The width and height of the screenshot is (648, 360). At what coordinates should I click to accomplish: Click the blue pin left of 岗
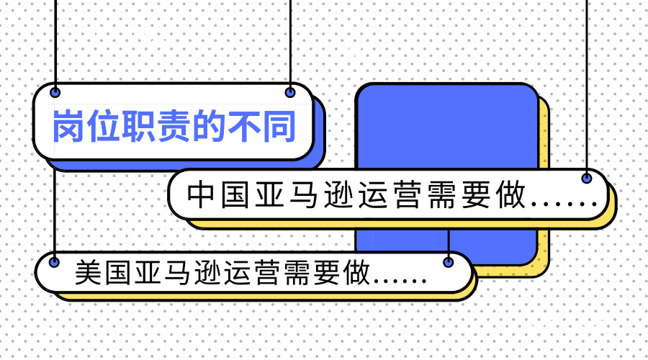tap(55, 92)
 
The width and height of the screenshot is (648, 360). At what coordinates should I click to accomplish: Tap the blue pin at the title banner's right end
tap(290, 92)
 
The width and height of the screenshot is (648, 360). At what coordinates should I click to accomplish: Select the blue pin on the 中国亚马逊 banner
tap(587, 178)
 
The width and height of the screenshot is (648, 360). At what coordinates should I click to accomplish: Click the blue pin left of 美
tap(55, 262)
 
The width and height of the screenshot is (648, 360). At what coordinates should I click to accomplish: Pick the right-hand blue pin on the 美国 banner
tap(449, 262)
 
